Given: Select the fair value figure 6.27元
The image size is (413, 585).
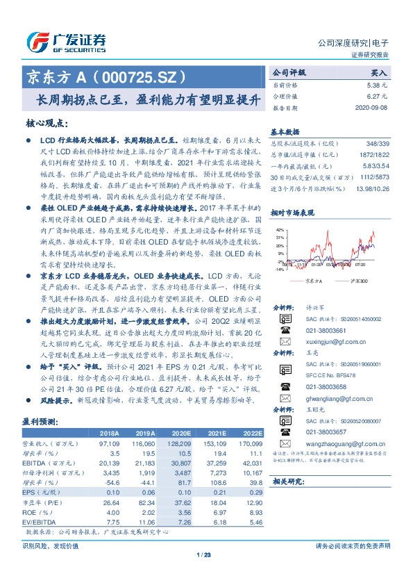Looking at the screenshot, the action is [x=378, y=97].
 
